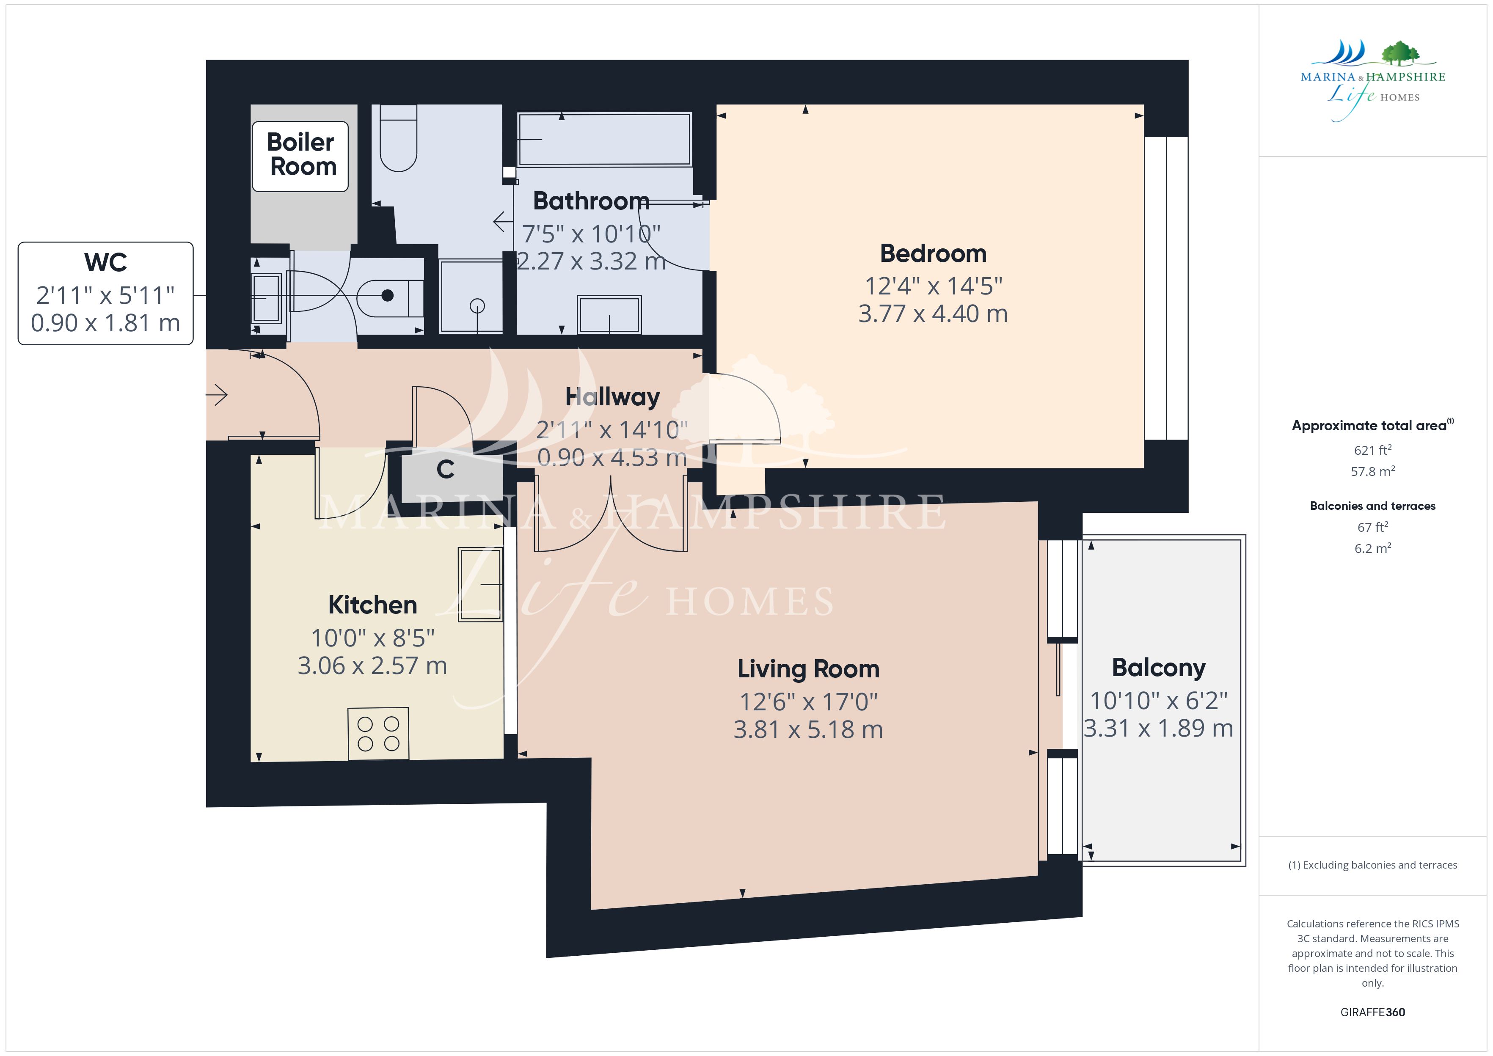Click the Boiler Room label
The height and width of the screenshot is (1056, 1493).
tap(300, 155)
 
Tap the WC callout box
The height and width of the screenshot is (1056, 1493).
tap(105, 293)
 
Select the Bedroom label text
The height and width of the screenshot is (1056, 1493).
tap(933, 253)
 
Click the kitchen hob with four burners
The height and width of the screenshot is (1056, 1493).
tap(378, 734)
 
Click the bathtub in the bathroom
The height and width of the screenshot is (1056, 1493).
tap(604, 139)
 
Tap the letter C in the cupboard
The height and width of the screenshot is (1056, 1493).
tap(446, 470)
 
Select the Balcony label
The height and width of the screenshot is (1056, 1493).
tap(1159, 668)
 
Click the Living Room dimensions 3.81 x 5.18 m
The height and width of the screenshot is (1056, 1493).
tap(808, 729)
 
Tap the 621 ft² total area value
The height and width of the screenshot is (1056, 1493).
tap(1373, 450)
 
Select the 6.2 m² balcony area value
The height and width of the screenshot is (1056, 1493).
tap(1373, 548)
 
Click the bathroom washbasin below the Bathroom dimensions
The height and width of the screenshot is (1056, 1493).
tap(609, 315)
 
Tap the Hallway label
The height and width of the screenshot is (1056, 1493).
tap(612, 397)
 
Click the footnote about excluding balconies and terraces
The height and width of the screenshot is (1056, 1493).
tap(1373, 865)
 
